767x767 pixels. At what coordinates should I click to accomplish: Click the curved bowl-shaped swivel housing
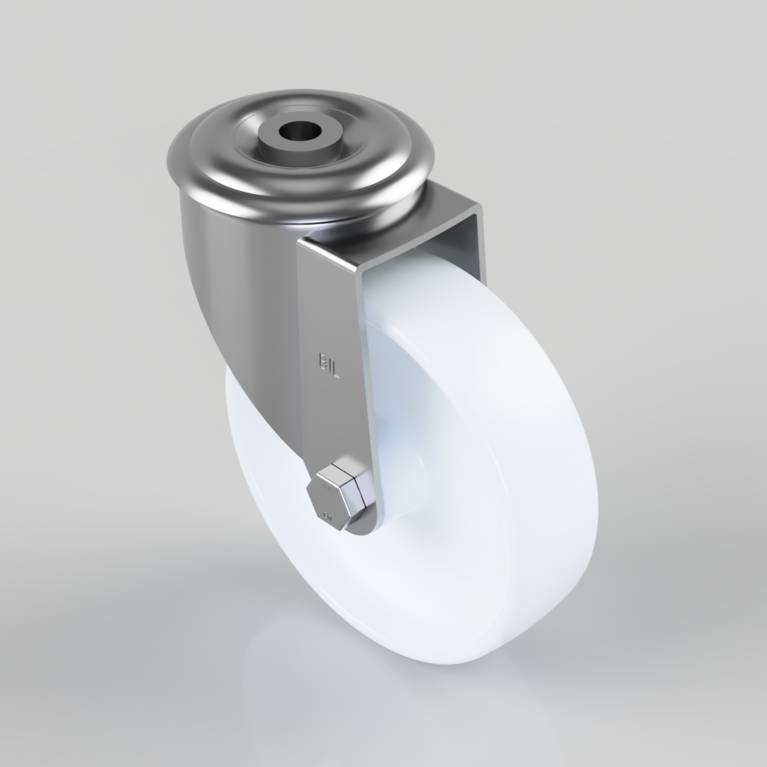point(230,268)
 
